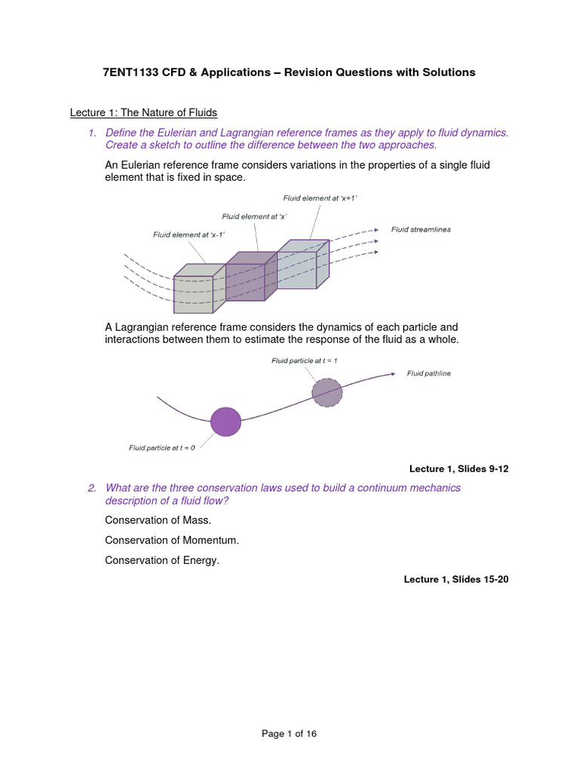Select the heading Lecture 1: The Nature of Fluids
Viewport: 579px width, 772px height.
click(143, 112)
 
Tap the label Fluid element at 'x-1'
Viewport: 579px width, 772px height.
click(189, 234)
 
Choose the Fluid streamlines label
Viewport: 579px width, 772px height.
click(421, 229)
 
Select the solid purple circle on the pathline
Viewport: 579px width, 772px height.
click(225, 421)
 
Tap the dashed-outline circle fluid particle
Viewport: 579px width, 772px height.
click(327, 392)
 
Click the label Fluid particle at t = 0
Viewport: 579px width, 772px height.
click(162, 447)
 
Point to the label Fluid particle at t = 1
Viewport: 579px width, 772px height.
click(305, 361)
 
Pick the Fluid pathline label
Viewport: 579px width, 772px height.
click(429, 373)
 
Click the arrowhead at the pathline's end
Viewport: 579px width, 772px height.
click(393, 373)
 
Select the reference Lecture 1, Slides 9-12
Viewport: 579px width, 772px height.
click(458, 469)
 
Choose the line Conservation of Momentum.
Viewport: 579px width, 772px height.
click(172, 540)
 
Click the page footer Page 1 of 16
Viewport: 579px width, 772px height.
click(289, 733)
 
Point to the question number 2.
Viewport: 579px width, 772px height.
click(91, 488)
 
